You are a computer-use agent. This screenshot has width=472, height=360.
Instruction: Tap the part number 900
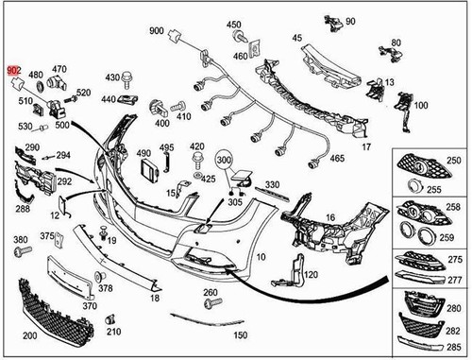click(x=156, y=31)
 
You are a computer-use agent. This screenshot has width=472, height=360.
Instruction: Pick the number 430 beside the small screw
click(x=112, y=77)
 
